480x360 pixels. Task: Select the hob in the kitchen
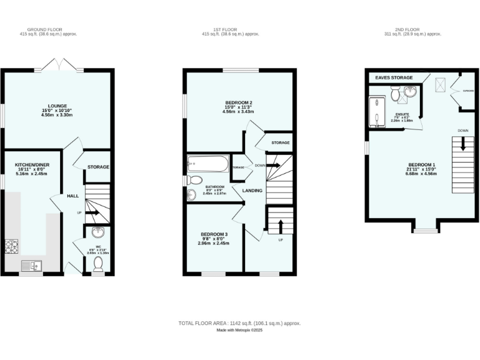pos(12,246)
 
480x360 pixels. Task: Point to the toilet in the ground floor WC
pos(97,266)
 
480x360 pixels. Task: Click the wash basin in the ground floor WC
pos(98,234)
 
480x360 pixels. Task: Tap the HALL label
pos(73,196)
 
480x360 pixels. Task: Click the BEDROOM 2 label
pos(239,102)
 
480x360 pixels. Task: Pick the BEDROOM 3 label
pos(214,234)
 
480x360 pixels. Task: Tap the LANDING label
pos(252,191)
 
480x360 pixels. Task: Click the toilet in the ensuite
pos(396,94)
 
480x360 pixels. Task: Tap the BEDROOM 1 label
pos(422,164)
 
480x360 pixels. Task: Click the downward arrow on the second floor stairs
pos(462,144)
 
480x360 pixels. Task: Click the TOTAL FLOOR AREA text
pos(240,323)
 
